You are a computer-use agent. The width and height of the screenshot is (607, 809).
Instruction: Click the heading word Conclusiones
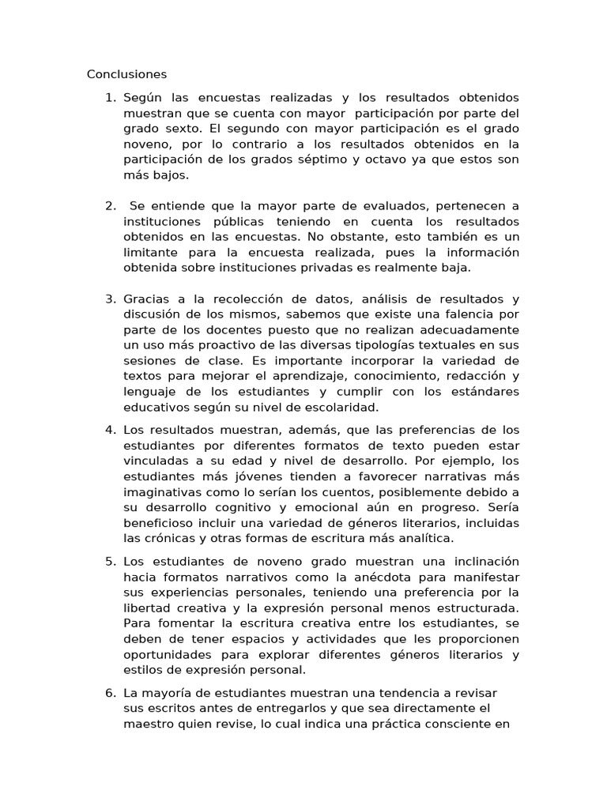[126, 75]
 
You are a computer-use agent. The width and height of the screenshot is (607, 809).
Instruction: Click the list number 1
[110, 98]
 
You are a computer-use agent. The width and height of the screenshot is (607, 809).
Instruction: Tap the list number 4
[110, 431]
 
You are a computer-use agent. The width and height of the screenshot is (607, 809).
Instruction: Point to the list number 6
[110, 693]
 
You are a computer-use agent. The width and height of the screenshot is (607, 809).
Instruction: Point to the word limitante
[150, 252]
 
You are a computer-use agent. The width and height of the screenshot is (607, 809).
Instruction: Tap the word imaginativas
[162, 492]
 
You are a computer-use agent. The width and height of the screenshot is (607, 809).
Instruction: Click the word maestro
[149, 724]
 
